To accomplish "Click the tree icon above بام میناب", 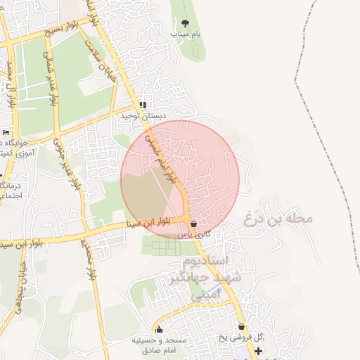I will pos(186,24).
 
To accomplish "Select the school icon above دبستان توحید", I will pos(143,105).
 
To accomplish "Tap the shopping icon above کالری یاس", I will pos(194,224).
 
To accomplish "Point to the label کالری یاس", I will pos(195,233).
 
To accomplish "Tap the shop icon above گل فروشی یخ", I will pos(242,327).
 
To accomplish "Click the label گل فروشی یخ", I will pos(240,337).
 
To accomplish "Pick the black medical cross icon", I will pos(259,350).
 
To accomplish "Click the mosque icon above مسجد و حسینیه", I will pos(160,329).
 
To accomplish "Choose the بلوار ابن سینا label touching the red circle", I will pos(146,225).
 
